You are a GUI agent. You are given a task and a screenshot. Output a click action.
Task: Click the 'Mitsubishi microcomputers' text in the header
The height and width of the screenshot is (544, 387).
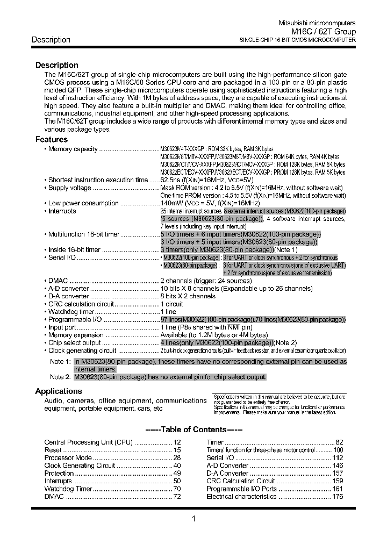click(x=316, y=24)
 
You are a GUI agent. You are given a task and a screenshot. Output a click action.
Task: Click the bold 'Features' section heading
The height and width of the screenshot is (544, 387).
click(x=52, y=140)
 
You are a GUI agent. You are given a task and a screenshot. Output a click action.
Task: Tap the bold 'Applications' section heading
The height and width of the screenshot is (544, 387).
click(x=59, y=391)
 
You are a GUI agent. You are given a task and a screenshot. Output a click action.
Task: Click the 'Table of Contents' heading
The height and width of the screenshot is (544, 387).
click(x=194, y=430)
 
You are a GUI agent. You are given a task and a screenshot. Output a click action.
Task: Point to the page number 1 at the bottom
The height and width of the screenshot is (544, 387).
click(x=193, y=519)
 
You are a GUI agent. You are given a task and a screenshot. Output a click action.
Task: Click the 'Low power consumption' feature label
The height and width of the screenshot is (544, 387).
click(x=83, y=203)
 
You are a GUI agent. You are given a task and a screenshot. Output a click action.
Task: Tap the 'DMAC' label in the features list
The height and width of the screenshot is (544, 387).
click(x=58, y=281)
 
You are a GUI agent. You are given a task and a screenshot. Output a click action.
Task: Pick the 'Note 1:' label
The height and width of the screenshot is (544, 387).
click(x=60, y=362)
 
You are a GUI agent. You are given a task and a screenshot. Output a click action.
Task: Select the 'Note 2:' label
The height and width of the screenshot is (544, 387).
click(x=60, y=377)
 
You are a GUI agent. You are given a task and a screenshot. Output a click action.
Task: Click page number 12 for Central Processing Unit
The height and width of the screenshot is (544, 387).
click(x=177, y=442)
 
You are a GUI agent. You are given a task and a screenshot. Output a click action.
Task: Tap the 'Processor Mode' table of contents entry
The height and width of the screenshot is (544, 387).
click(x=68, y=457)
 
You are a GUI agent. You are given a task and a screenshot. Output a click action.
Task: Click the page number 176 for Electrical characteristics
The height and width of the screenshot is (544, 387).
click(x=337, y=497)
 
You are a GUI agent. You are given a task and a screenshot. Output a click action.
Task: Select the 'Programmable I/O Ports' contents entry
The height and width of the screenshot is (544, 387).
click(x=241, y=489)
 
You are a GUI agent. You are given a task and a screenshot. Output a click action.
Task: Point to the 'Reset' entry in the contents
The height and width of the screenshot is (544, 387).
click(x=53, y=449)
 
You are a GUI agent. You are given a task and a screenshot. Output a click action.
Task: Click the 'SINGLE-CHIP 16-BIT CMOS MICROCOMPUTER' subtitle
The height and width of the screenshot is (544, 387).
click(x=297, y=40)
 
